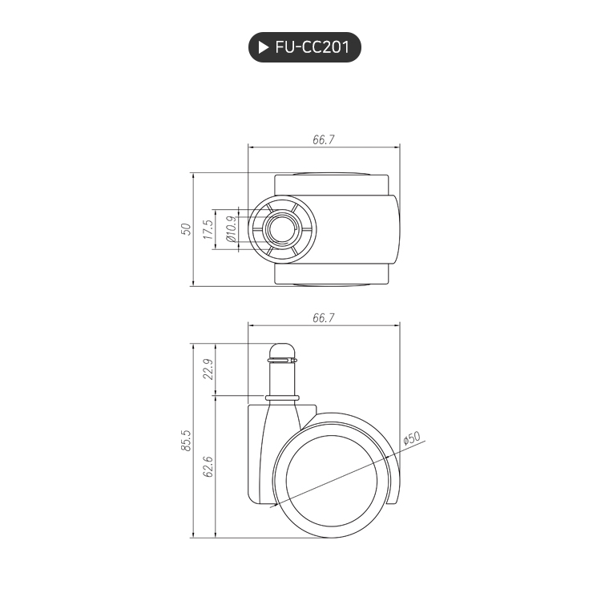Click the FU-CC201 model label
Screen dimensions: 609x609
pyautogui.click(x=312, y=47)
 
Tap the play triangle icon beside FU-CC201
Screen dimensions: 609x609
pyautogui.click(x=263, y=47)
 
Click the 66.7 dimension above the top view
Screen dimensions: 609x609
pyautogui.click(x=323, y=139)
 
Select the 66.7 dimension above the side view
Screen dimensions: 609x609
pyautogui.click(x=323, y=318)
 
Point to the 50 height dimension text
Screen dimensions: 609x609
pyautogui.click(x=186, y=229)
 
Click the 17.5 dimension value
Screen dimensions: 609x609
pyautogui.click(x=208, y=230)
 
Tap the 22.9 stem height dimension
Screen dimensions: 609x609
pyautogui.click(x=208, y=369)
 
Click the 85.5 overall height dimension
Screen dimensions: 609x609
pyautogui.click(x=186, y=441)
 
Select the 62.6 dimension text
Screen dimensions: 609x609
pyautogui.click(x=208, y=466)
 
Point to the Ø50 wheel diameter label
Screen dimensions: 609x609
pyautogui.click(x=411, y=439)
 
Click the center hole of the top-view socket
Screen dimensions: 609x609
pyautogui.click(x=282, y=229)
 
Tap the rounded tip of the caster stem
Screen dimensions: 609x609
pyautogui.click(x=282, y=350)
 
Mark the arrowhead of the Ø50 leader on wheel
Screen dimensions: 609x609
pyautogui.click(x=275, y=506)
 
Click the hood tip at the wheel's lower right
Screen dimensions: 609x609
pyautogui.click(x=394, y=500)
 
